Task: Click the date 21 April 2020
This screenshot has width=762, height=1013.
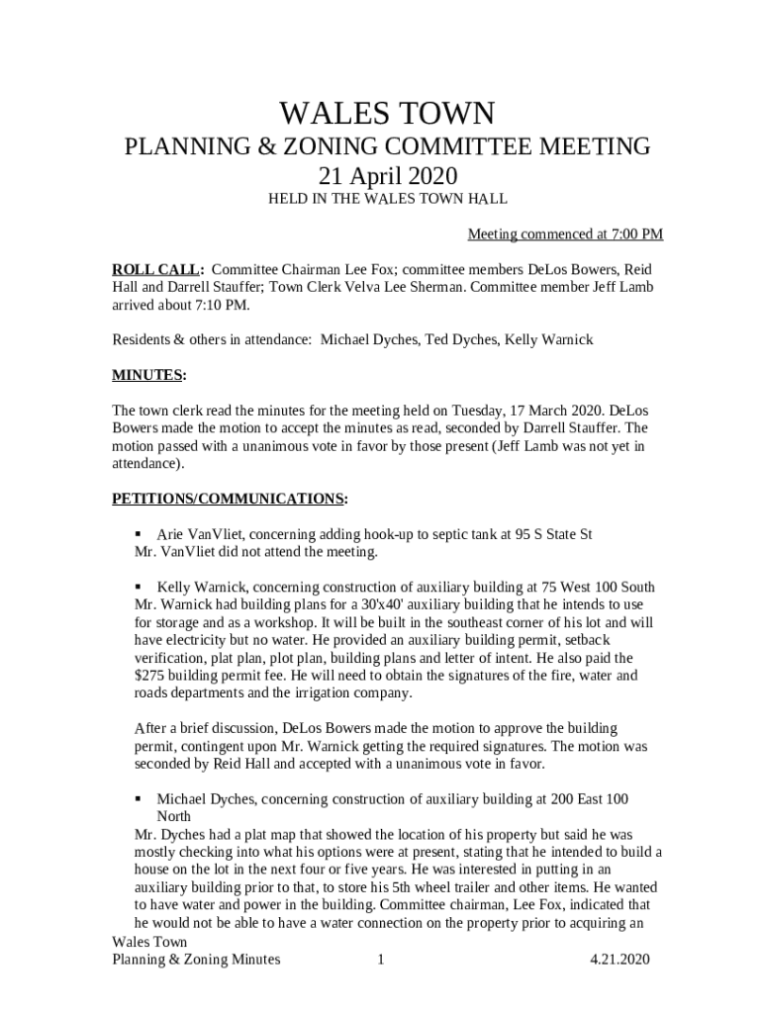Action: [x=387, y=177]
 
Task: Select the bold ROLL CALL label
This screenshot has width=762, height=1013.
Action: [x=156, y=269]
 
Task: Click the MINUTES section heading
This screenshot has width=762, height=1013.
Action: [x=147, y=376]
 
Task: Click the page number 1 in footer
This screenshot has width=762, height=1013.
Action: [x=380, y=960]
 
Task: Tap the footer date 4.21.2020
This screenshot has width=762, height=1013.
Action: [x=619, y=960]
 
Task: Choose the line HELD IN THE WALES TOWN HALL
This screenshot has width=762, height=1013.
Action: [x=387, y=199]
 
